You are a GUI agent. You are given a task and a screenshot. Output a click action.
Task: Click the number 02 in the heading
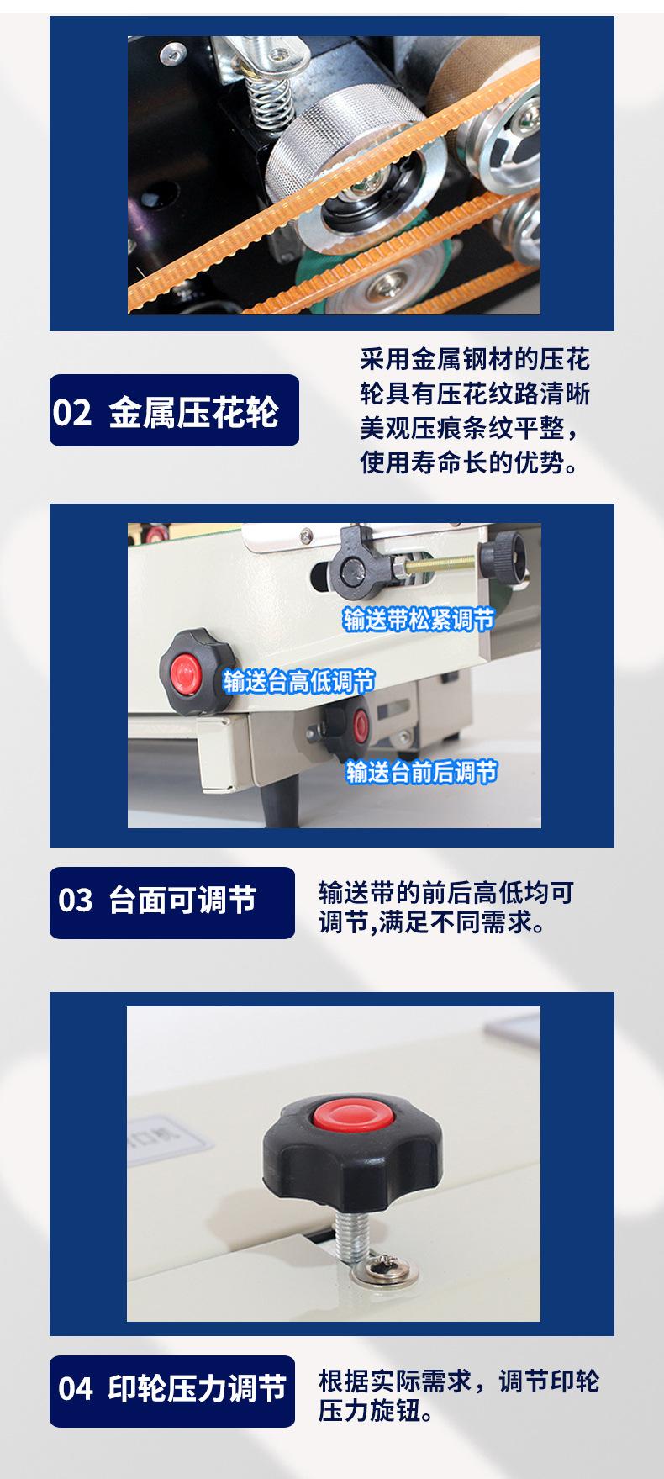[x=71, y=413]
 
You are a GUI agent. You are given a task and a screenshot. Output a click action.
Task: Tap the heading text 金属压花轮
[x=193, y=413]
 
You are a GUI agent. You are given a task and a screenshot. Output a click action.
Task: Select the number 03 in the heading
[x=75, y=901]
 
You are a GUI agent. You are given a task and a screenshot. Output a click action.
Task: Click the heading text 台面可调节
[x=182, y=901]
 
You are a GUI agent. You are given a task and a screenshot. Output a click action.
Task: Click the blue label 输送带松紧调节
[x=418, y=621]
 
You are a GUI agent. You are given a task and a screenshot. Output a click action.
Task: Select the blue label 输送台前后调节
[x=421, y=771]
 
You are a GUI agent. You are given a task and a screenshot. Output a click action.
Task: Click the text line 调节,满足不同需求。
[x=432, y=923]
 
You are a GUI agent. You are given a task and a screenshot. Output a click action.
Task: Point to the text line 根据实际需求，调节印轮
[x=458, y=1381]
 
